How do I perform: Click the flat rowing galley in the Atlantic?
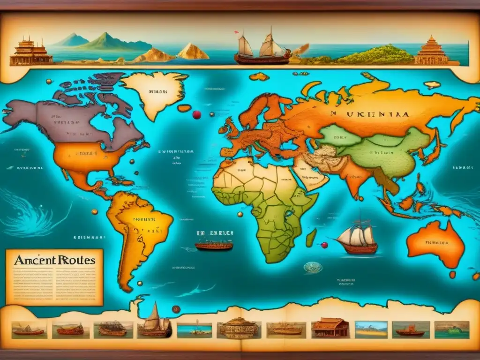(x=214, y=245)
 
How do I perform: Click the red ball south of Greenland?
(x=196, y=114)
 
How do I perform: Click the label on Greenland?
(x=157, y=92)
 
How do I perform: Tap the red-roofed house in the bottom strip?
(x=330, y=328)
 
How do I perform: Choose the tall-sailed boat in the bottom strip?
(x=154, y=321)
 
